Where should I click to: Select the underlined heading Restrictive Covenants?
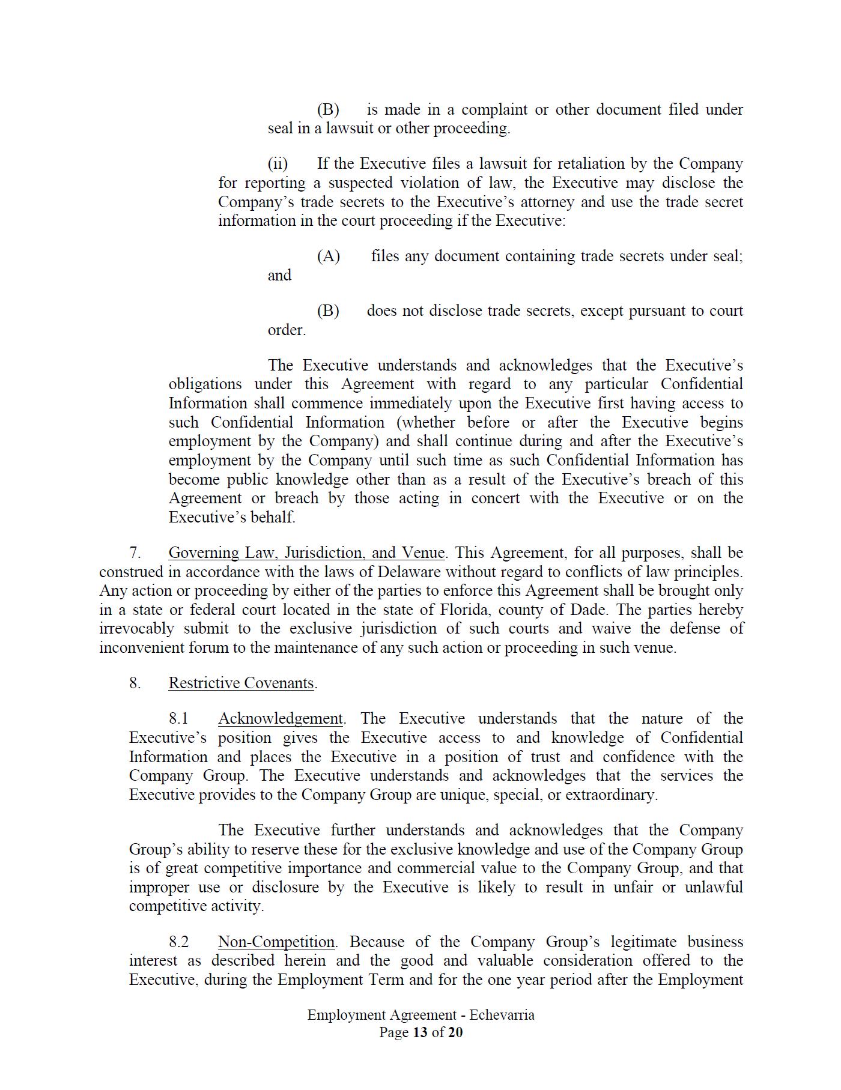(x=241, y=683)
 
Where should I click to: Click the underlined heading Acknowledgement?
(x=280, y=719)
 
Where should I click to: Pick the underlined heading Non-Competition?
(x=276, y=942)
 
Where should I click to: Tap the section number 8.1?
(x=178, y=719)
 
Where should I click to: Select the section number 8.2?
(x=178, y=942)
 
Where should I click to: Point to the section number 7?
(x=135, y=553)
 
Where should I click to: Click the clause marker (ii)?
(x=278, y=164)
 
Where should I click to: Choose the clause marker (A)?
(x=329, y=256)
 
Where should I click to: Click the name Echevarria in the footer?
(x=502, y=1016)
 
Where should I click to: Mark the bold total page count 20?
(x=455, y=1033)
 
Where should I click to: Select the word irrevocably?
(x=136, y=629)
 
